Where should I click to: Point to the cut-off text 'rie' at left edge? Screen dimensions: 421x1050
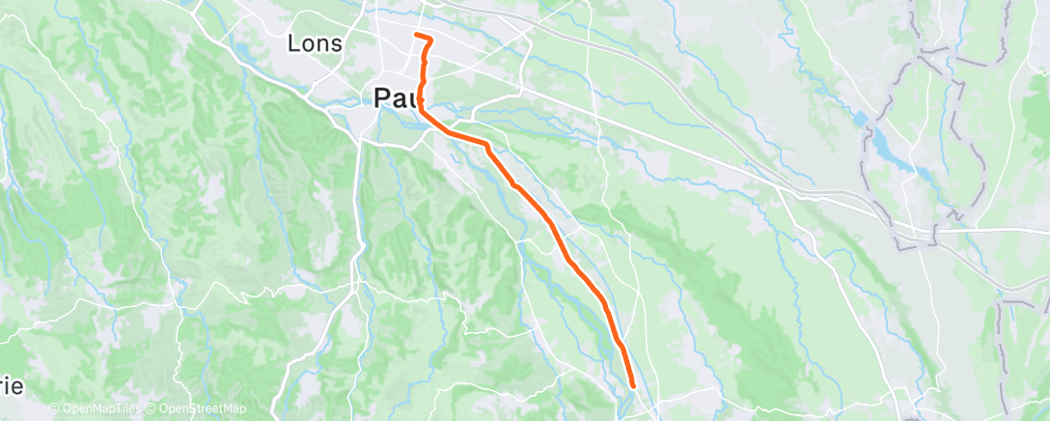pos(12,385)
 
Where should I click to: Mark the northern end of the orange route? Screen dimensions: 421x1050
pos(416,36)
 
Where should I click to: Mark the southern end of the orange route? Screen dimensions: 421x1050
pos(633,386)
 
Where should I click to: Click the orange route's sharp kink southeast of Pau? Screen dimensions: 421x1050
pos(487,146)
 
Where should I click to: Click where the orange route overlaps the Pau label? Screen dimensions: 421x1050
pos(422,97)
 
